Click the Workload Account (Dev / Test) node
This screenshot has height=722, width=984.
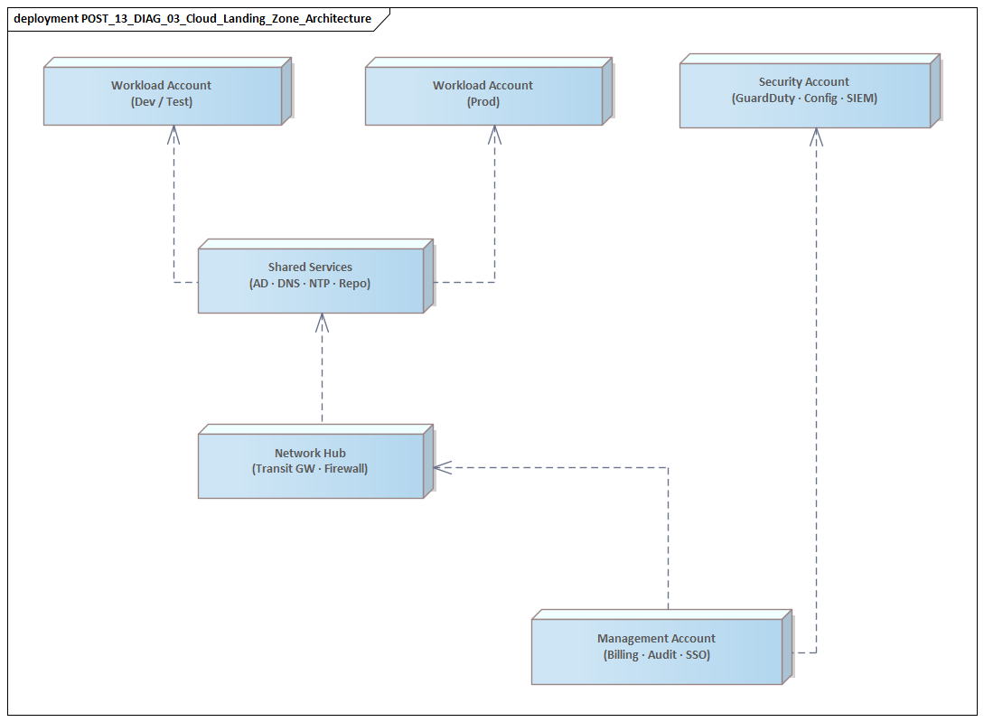(163, 94)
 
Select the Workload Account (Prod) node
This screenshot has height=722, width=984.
(483, 94)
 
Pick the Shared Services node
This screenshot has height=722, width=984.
(310, 276)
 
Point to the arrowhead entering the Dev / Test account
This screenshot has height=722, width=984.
(173, 134)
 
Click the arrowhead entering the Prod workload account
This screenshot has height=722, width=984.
(494, 134)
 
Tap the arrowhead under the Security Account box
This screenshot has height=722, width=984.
(817, 136)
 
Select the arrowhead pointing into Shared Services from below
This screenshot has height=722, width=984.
(322, 322)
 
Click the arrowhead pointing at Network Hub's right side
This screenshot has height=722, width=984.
(442, 467)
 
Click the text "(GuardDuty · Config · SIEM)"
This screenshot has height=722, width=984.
(804, 98)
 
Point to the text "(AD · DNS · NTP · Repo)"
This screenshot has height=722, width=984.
(310, 284)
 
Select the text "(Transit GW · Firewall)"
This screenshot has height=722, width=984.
(310, 469)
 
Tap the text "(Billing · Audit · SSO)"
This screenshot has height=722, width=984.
(656, 655)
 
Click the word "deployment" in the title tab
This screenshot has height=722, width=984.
(45, 18)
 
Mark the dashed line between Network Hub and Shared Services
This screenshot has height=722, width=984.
(322, 380)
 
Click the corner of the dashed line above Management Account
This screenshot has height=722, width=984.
(668, 467)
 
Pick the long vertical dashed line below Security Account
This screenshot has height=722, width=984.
(817, 407)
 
